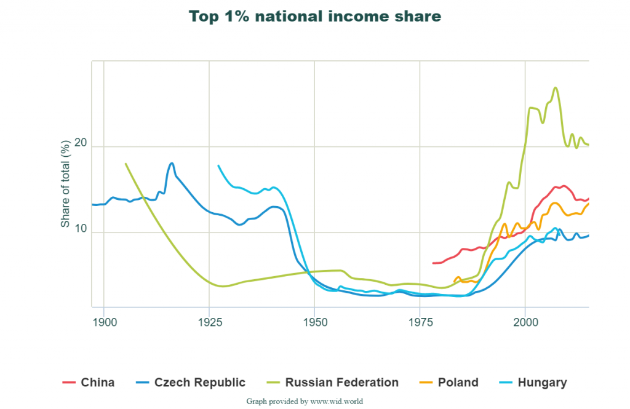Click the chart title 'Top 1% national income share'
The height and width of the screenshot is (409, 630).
click(x=314, y=16)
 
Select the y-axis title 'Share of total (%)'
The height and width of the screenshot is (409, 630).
click(x=65, y=183)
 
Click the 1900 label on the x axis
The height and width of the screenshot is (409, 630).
click(x=103, y=322)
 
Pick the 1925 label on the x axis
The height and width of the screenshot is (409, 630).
click(x=209, y=322)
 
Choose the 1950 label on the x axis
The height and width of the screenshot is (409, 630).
click(x=314, y=322)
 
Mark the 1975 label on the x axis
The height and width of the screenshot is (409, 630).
click(x=420, y=322)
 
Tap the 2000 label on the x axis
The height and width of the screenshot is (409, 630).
click(x=525, y=322)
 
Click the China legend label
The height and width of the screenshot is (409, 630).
click(x=97, y=383)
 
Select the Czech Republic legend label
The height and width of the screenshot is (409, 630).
click(x=200, y=383)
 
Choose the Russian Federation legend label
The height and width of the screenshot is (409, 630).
click(x=342, y=383)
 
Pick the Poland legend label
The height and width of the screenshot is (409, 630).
click(x=458, y=383)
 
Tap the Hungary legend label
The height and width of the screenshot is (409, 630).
click(x=542, y=383)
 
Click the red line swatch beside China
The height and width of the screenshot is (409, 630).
click(x=68, y=383)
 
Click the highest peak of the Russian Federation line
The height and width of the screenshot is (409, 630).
click(x=556, y=87)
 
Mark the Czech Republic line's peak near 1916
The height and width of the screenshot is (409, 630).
click(x=172, y=163)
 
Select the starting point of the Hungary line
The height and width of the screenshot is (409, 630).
click(x=218, y=165)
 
